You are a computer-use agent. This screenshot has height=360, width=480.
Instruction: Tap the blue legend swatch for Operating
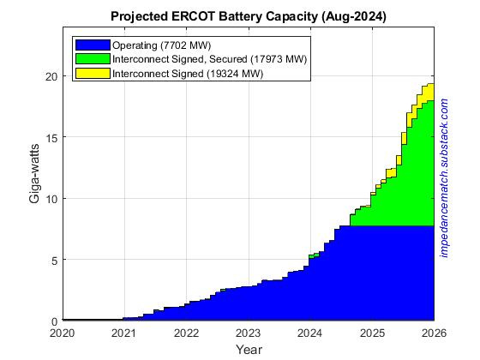tap(92, 45)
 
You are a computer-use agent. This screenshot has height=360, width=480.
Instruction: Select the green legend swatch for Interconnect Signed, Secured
tap(92, 58)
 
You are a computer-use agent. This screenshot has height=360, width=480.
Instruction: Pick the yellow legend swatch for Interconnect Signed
tap(92, 73)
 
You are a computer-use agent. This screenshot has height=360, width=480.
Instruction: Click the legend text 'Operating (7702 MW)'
tap(161, 45)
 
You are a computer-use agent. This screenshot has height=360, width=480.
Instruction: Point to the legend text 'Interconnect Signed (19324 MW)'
tap(188, 73)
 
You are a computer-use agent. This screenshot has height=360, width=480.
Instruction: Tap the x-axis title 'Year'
tap(249, 349)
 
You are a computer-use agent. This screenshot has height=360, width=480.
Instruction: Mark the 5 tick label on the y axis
tap(54, 260)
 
